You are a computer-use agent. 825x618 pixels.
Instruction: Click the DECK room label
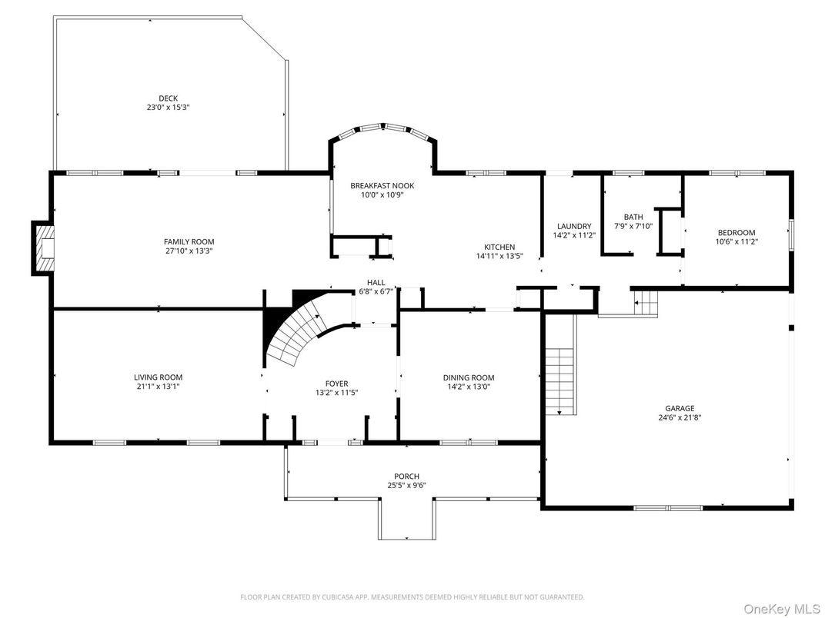coord(168,98)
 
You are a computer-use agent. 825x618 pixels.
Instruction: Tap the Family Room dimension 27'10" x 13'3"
coord(189,251)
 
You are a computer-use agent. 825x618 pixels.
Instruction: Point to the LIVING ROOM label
coord(158,377)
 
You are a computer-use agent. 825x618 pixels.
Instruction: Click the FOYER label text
coord(336,384)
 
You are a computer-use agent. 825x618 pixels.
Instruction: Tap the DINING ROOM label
coord(468,377)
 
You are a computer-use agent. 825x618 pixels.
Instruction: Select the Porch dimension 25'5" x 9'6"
coord(406,485)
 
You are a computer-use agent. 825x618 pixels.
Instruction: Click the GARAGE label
coord(680,408)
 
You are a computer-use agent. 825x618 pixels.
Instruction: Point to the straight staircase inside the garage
coord(561,380)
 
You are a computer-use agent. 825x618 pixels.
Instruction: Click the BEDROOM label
coord(736,233)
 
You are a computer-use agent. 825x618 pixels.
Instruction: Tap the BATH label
coord(633,217)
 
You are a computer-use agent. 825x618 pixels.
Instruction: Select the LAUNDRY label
coord(573,226)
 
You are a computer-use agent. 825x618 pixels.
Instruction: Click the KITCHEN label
coord(499,247)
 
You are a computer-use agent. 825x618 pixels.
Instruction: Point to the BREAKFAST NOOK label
coord(382,185)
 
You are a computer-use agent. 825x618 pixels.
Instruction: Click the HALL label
coord(376,282)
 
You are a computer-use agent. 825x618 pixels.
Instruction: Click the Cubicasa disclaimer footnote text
coord(412,596)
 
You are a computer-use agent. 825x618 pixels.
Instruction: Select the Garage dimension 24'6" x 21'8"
coord(680,417)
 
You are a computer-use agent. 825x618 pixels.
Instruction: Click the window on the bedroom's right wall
coord(790,234)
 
